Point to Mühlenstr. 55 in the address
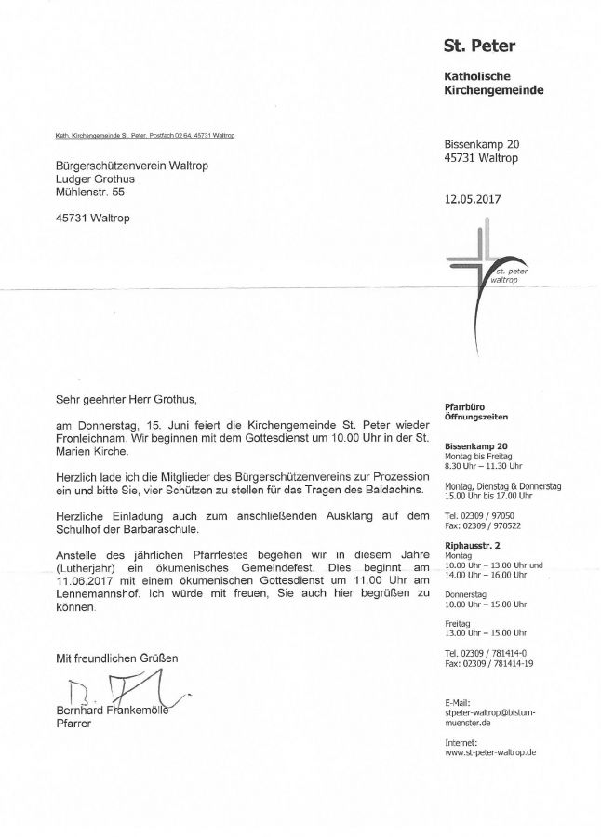pos(89,192)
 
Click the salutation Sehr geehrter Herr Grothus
pos(127,398)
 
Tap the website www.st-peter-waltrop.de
pos(490,751)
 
